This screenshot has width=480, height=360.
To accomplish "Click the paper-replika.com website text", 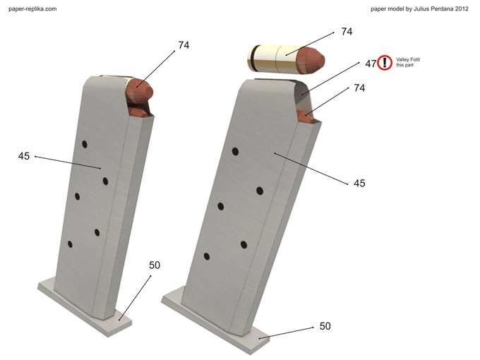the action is (32, 9).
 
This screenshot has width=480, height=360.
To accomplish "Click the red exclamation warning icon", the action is (385, 63).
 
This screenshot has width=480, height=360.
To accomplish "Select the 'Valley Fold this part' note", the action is (408, 62).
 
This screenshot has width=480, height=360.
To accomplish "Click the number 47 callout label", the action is (371, 64).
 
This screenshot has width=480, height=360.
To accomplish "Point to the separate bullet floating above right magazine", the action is (285, 59).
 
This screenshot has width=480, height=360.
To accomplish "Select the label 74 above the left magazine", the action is (184, 45).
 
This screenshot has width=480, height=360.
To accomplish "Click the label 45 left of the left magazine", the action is (24, 156).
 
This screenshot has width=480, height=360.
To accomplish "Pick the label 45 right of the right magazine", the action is (359, 183).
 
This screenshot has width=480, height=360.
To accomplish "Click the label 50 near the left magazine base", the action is (155, 265).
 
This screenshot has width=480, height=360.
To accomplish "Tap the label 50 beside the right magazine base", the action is (325, 326).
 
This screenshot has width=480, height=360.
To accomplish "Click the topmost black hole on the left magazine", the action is (85, 144).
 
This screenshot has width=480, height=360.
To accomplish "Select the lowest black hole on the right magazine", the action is (207, 256).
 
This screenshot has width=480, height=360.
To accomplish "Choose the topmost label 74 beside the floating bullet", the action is (347, 32).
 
